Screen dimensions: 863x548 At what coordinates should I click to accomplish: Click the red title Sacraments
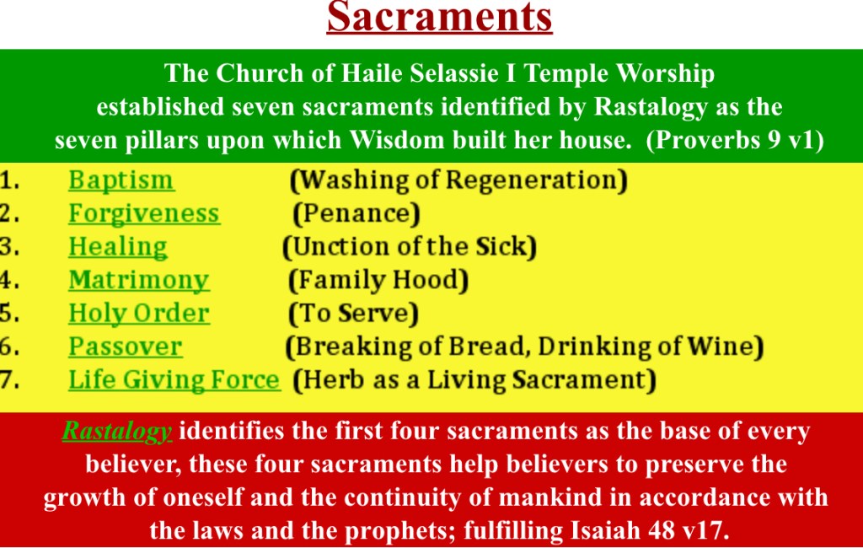[439, 17]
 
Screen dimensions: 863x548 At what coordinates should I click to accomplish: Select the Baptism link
[121, 180]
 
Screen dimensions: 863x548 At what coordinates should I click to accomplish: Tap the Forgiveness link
[144, 213]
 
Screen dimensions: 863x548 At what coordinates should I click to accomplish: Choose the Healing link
[118, 247]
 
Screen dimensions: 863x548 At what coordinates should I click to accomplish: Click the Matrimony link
[139, 281]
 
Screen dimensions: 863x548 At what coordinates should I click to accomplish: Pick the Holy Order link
[139, 314]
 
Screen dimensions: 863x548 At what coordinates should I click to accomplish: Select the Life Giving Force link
[174, 380]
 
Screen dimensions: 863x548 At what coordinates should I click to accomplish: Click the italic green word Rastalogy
[116, 432]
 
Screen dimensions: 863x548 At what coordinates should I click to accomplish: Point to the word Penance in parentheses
[356, 213]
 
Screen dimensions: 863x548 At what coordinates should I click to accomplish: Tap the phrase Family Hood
[378, 281]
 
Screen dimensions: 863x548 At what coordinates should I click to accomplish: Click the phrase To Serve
[353, 314]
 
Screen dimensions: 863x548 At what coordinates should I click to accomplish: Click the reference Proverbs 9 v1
[735, 140]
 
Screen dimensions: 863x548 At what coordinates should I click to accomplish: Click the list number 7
[9, 380]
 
